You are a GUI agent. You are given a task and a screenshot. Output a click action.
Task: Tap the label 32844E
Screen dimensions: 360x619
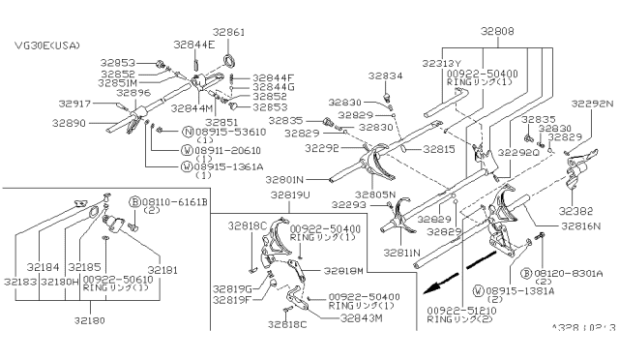pos(194,44)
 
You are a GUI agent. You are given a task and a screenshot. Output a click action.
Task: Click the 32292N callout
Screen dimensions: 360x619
pos(592,102)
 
